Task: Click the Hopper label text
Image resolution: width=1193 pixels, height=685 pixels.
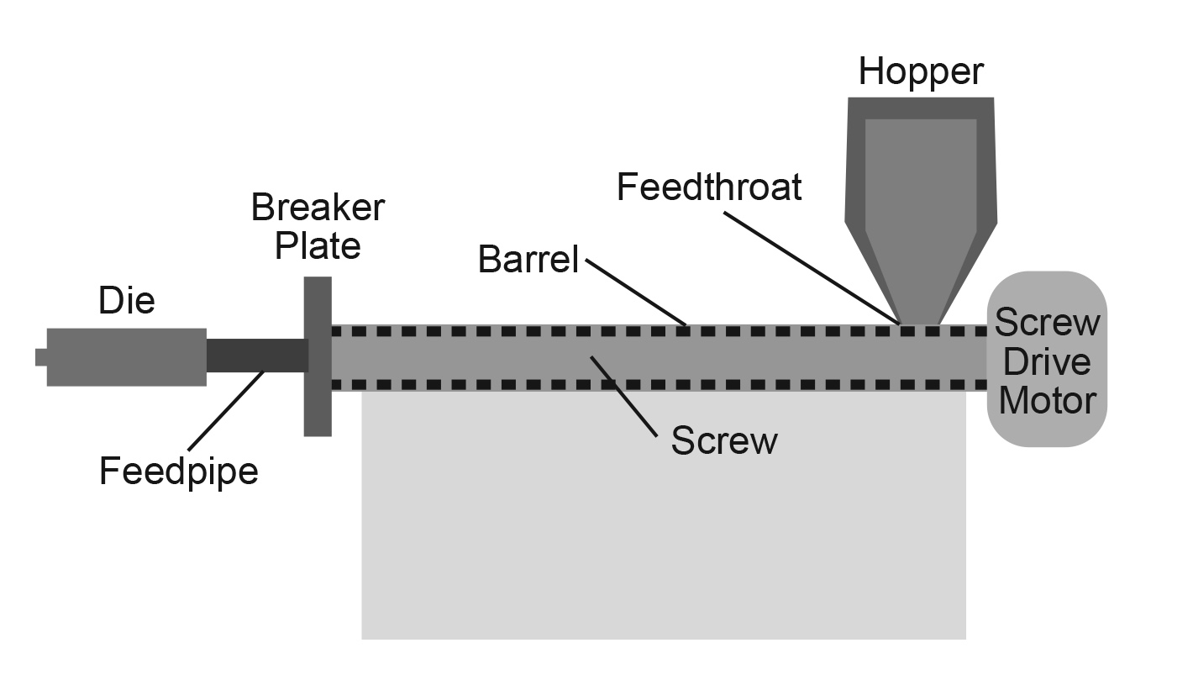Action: (x=920, y=72)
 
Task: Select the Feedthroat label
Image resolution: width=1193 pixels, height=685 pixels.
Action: (x=709, y=187)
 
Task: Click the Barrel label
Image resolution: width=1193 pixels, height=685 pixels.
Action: (x=528, y=260)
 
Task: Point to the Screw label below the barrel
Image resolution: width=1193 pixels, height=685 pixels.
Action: (x=723, y=441)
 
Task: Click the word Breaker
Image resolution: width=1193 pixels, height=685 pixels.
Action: (x=318, y=208)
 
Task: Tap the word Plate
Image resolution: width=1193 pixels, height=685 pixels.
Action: (x=318, y=245)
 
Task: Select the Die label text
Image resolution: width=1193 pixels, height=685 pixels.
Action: (x=127, y=300)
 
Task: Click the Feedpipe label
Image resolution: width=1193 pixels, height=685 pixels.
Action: (x=178, y=471)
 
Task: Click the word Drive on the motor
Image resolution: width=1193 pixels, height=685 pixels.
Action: (x=1047, y=361)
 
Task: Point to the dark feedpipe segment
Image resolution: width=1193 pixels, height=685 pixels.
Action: (x=256, y=356)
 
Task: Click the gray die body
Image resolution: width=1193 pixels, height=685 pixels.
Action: (x=126, y=357)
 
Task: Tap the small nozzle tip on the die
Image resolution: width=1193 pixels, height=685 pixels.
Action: (x=40, y=357)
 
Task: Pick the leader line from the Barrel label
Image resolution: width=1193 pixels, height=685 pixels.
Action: (x=636, y=291)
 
